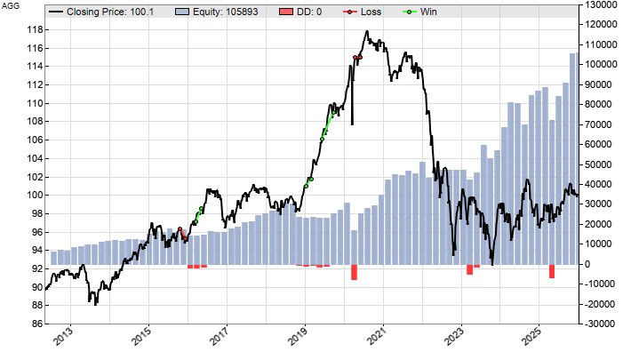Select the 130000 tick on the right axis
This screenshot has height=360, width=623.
(x=599, y=5)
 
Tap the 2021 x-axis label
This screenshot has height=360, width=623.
(x=381, y=340)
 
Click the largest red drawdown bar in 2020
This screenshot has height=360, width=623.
(x=354, y=272)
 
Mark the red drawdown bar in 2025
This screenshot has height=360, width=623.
(x=551, y=271)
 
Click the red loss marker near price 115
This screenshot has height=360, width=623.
(x=357, y=58)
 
